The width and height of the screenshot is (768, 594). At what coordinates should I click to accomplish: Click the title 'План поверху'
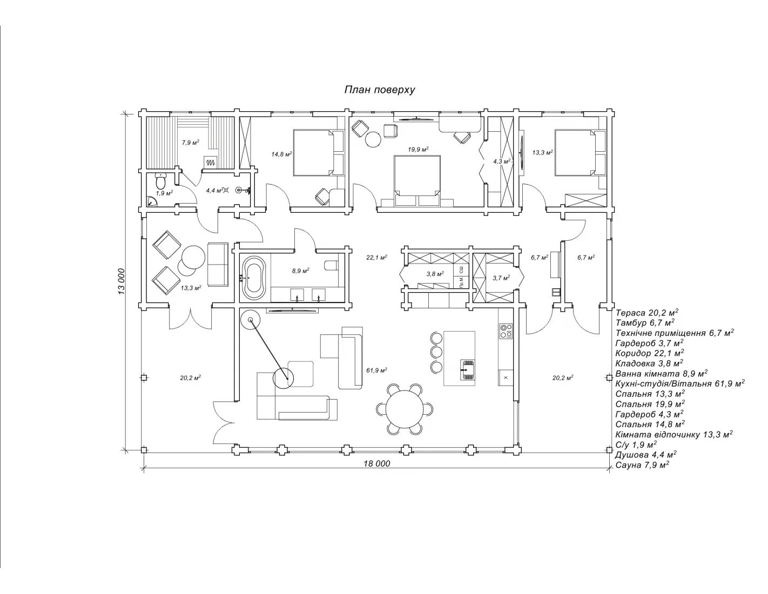click(380, 90)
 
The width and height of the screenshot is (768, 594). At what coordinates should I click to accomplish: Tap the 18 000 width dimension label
click(377, 464)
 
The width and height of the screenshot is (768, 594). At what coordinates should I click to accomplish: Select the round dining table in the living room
click(405, 409)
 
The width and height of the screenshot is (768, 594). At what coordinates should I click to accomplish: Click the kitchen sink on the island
click(468, 369)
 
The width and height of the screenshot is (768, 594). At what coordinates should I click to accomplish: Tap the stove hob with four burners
click(506, 331)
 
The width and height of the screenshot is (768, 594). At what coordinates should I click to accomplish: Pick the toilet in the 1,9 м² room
click(161, 181)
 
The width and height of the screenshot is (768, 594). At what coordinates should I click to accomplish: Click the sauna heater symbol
click(211, 163)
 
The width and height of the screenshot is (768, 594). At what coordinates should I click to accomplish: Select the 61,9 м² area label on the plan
click(377, 370)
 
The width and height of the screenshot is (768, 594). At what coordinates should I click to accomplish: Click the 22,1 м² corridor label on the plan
click(377, 258)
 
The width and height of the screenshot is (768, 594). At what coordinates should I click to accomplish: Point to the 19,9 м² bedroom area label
click(418, 150)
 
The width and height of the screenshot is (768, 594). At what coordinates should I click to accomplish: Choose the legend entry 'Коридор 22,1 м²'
click(650, 353)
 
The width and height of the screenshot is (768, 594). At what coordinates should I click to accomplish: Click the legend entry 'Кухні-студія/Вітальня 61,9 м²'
click(681, 383)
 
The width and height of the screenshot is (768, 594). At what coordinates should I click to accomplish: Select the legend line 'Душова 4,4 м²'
click(646, 455)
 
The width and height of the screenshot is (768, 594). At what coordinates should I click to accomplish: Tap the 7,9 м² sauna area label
click(191, 143)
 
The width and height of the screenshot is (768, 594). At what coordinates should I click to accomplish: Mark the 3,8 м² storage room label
click(435, 274)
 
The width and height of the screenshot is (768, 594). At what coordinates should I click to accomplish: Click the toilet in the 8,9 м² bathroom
click(331, 265)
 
